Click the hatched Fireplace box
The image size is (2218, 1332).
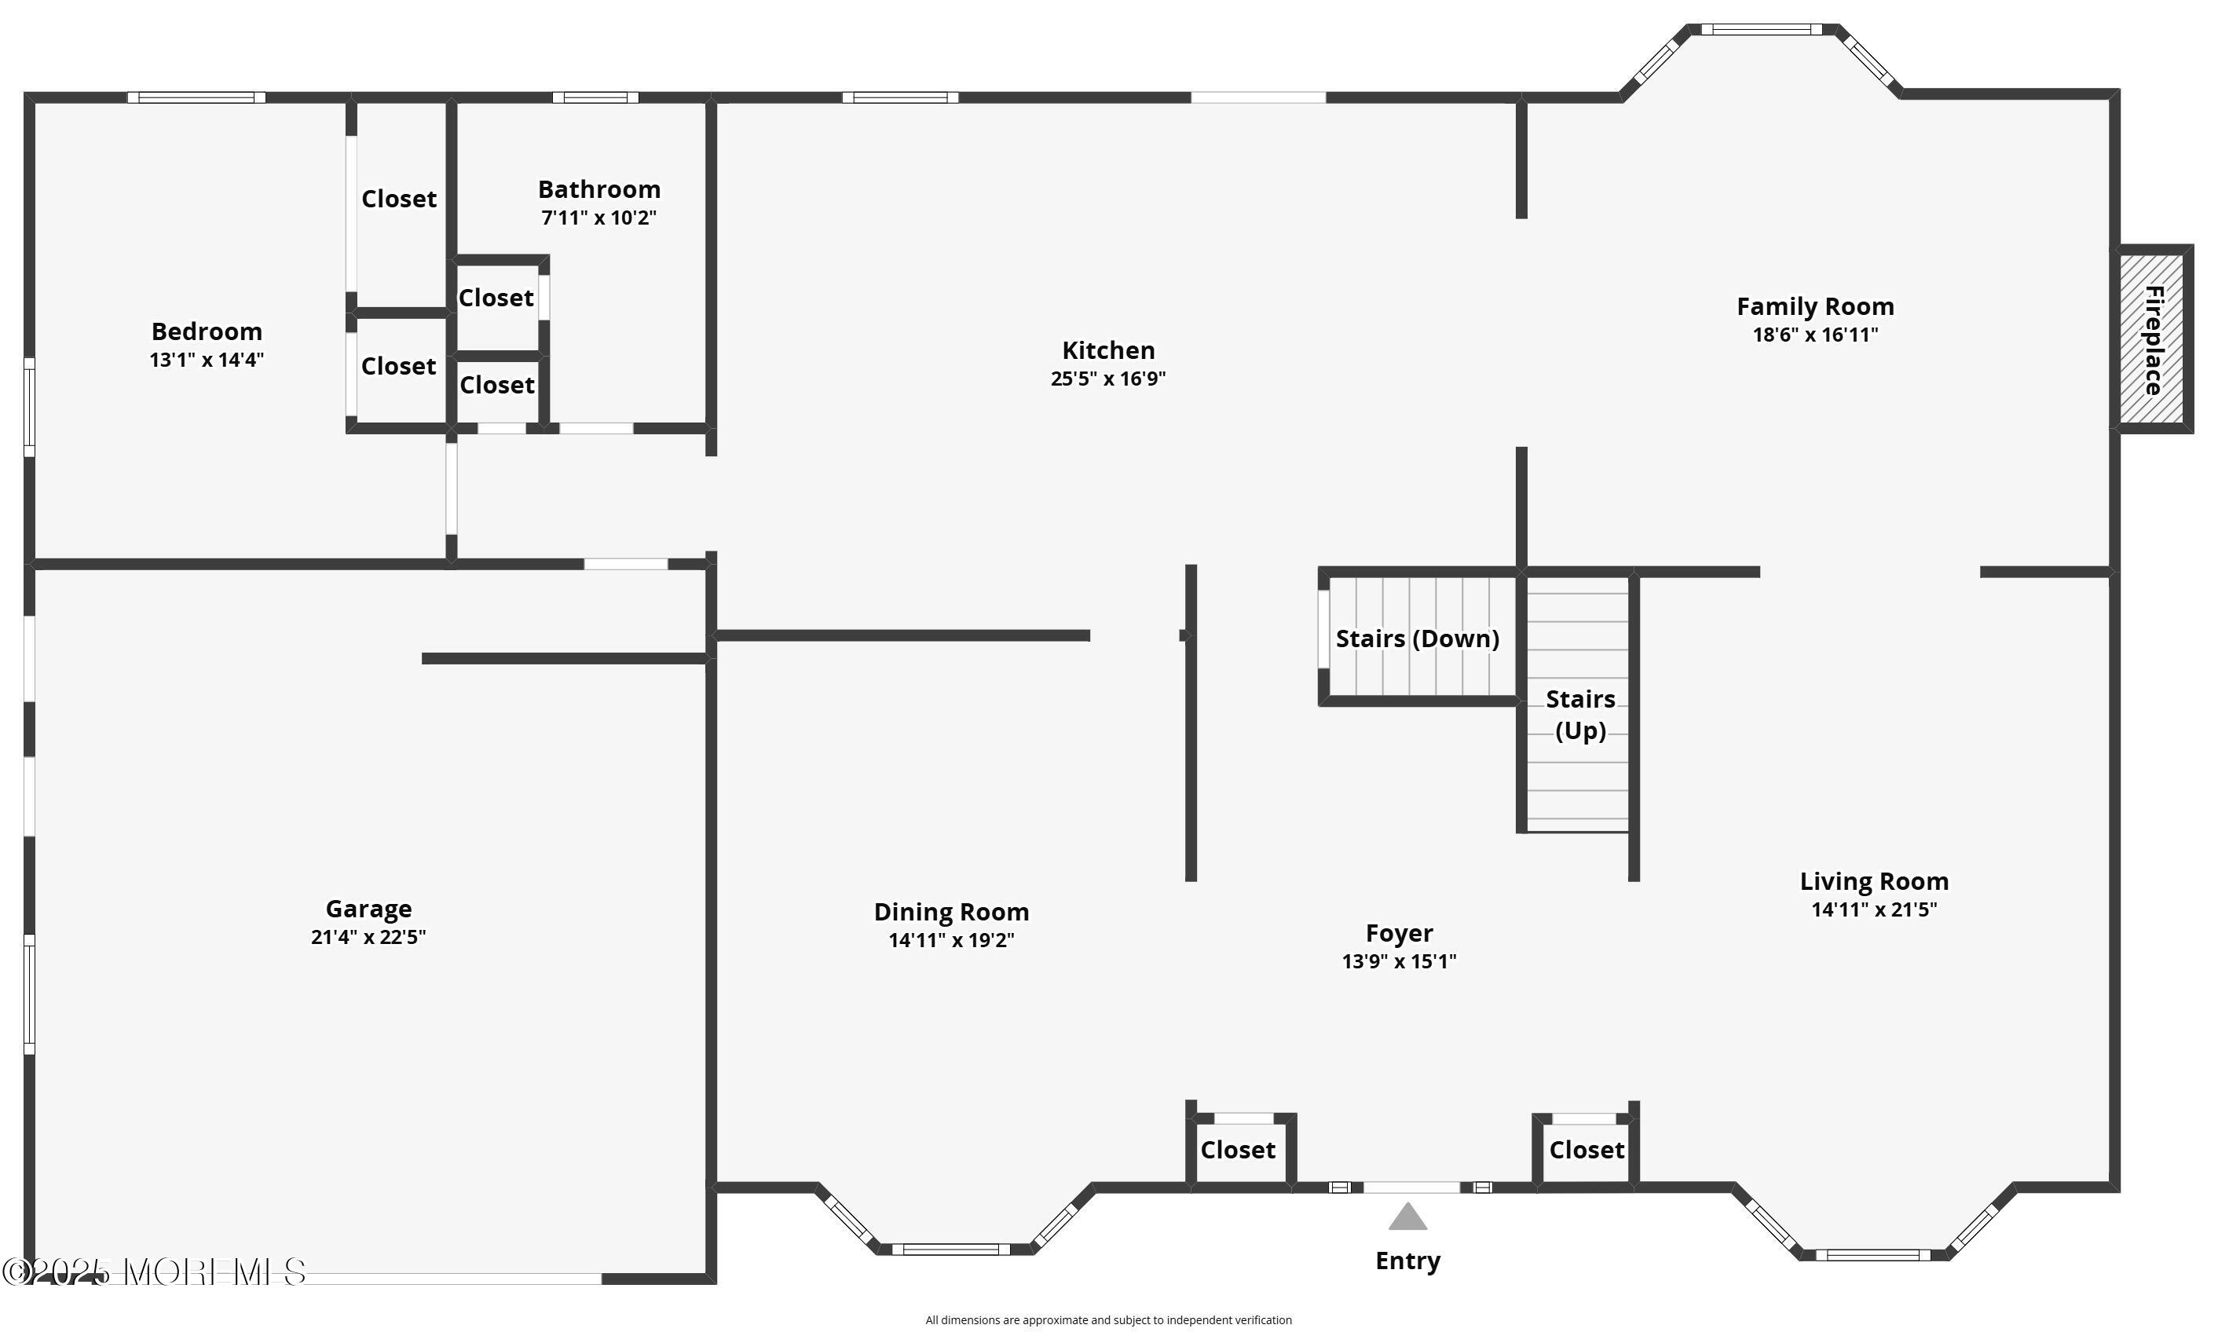[2151, 338]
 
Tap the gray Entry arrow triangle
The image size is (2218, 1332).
[1407, 1217]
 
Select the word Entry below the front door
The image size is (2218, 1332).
[1407, 1261]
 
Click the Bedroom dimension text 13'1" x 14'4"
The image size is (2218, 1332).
[207, 360]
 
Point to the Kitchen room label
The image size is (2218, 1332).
[1108, 350]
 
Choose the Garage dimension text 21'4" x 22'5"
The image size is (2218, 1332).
[368, 937]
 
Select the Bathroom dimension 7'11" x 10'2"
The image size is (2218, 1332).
[598, 218]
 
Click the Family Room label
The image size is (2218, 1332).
[1815, 307]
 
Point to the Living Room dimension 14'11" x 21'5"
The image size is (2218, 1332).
[1874, 909]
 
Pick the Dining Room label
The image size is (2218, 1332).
[951, 912]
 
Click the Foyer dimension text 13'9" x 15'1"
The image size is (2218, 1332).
[1399, 961]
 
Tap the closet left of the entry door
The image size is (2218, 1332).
[1238, 1150]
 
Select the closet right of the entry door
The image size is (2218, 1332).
[1586, 1150]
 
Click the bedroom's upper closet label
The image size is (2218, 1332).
[398, 199]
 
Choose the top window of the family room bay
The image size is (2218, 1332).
[1761, 30]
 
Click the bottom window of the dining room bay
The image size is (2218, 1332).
[950, 1250]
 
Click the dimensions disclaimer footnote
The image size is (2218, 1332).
[1108, 1319]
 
